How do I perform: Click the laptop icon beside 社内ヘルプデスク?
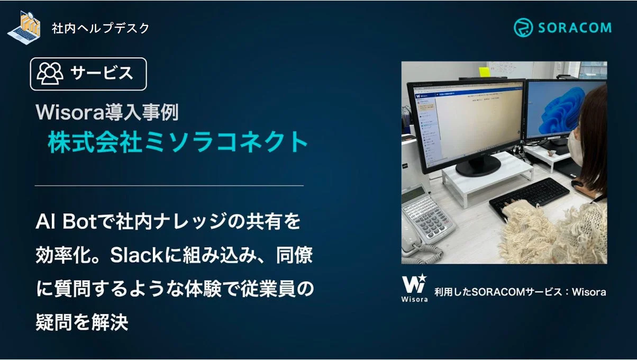(x=25, y=26)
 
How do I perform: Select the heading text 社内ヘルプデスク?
(x=101, y=28)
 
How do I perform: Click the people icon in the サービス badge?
(x=50, y=74)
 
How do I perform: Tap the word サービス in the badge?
(x=102, y=73)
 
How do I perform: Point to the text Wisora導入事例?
(x=107, y=112)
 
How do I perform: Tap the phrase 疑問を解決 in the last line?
(x=82, y=322)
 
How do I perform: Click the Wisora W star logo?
(x=414, y=284)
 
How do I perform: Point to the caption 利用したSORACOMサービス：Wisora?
(x=520, y=292)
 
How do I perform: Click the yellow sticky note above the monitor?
(x=484, y=71)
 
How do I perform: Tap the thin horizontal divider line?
(x=169, y=186)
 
